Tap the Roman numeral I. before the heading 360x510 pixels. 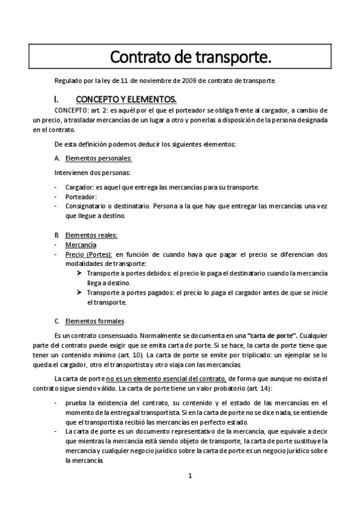tap(56, 98)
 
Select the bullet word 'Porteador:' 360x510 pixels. tap(81, 197)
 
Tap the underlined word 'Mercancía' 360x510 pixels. tap(81, 245)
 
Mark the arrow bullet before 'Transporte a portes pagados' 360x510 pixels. tap(79, 293)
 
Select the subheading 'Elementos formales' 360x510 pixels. tap(94, 321)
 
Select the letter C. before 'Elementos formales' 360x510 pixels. tap(56, 321)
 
